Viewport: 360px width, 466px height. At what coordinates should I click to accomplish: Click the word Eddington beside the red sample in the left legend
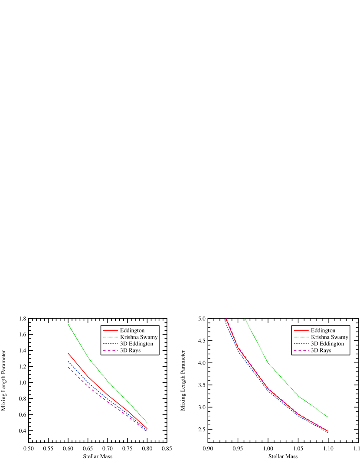tap(132, 330)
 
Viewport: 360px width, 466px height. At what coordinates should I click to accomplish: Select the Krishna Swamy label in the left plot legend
tap(139, 337)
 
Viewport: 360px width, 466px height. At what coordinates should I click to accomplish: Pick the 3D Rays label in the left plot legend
tap(130, 350)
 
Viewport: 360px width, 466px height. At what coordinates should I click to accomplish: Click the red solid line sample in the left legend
tap(111, 330)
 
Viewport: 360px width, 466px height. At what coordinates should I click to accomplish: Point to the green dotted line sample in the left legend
tap(111, 337)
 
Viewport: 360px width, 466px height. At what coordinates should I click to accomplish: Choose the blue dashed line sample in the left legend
tap(111, 344)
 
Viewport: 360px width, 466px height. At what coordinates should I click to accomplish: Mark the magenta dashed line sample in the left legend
tap(111, 350)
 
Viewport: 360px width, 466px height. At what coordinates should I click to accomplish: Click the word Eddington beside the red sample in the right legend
tap(323, 330)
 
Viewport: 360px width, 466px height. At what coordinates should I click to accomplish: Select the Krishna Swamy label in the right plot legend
tap(330, 337)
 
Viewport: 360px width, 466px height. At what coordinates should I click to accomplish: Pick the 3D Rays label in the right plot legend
tap(321, 350)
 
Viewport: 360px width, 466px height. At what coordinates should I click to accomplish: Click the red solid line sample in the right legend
tap(301, 330)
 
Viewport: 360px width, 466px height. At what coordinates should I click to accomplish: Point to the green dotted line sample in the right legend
tap(301, 337)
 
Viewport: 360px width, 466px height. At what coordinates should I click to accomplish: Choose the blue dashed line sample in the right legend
tap(301, 344)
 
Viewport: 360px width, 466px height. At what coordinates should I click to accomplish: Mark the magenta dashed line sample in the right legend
tap(301, 350)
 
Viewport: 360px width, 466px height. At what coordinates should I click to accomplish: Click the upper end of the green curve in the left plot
tap(68, 324)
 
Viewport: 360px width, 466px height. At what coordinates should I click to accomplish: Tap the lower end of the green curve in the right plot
tap(327, 417)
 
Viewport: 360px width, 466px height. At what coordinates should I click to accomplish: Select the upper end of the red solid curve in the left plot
tap(68, 353)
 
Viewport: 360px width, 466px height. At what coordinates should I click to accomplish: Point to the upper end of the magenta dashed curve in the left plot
tap(68, 367)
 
